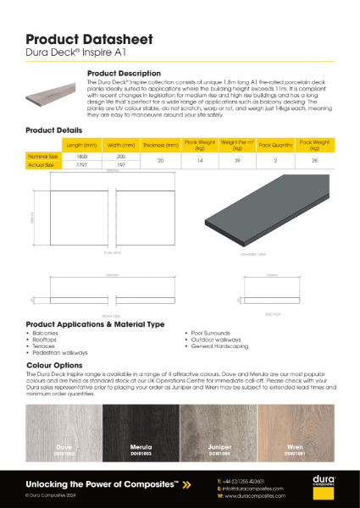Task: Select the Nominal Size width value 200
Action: click(x=120, y=157)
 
